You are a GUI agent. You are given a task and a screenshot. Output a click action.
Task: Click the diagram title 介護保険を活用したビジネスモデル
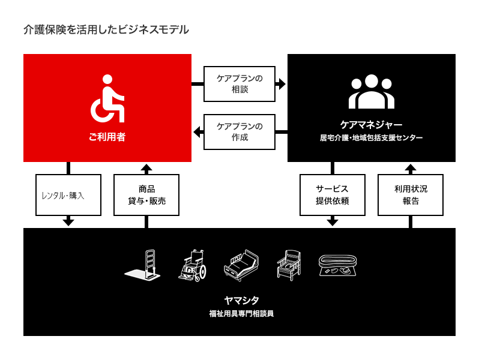click(106, 29)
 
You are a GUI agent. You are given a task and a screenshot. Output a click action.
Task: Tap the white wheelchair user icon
click(107, 98)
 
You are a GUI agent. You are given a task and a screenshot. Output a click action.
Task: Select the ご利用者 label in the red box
click(107, 137)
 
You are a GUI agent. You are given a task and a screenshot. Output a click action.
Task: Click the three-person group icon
click(371, 91)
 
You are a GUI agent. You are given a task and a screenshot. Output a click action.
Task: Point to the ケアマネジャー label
click(371, 125)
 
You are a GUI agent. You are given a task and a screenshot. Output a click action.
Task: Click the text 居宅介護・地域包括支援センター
click(371, 138)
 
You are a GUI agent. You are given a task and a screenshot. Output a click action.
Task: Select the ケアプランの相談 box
click(239, 84)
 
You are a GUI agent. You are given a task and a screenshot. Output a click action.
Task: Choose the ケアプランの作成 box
click(239, 132)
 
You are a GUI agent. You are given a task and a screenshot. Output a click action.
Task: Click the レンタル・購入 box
click(68, 195)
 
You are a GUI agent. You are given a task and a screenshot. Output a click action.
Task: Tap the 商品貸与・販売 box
click(146, 195)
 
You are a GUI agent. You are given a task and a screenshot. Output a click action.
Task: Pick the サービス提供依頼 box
click(333, 195)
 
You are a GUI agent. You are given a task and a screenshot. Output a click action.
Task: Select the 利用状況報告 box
click(411, 195)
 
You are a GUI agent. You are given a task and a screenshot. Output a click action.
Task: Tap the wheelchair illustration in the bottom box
click(192, 266)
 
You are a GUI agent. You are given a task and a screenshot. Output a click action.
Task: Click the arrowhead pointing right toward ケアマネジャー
click(281, 84)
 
